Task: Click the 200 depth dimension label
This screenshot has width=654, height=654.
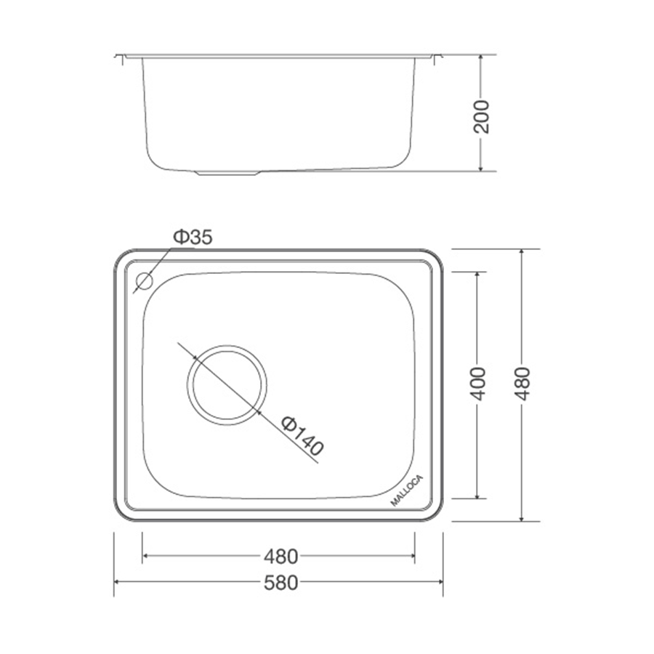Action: point(482,116)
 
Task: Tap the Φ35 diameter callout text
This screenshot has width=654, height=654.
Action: point(193,237)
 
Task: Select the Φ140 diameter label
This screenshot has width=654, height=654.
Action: point(302,436)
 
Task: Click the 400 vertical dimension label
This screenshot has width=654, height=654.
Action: point(478,384)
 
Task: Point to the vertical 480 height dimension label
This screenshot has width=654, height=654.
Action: point(522,384)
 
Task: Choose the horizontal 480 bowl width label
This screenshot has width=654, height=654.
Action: point(281,557)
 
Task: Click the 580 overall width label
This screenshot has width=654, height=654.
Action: point(281,583)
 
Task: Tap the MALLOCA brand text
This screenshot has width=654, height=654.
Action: point(407,490)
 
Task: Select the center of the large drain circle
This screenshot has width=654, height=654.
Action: point(227,385)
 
